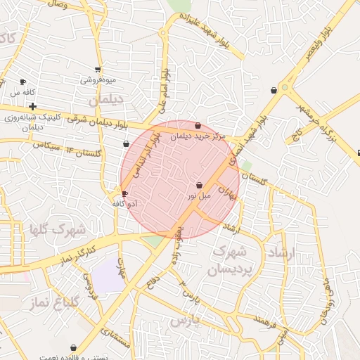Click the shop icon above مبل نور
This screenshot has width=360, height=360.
tap(200, 185)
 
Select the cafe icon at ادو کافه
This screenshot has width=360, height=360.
tap(125, 193)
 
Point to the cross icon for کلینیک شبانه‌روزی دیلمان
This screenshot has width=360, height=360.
tap(33, 106)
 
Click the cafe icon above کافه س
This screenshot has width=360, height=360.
tap(23, 82)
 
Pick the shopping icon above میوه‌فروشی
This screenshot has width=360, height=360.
tap(98, 70)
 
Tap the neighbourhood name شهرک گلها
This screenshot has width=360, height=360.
tap(57, 229)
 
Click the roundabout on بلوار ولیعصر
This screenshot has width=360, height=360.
tap(285, 89)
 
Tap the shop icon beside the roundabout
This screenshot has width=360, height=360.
tap(274, 90)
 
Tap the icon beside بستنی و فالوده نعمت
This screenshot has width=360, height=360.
tap(74, 347)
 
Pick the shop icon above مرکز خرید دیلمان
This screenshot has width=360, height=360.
tap(198, 126)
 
